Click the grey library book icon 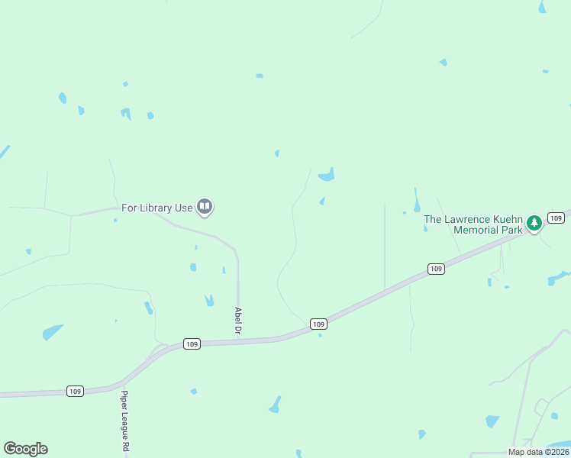tap(205, 207)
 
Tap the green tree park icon tap(534, 223)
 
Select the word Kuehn tap(505, 219)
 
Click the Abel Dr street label tap(238, 321)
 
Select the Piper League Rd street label tap(124, 423)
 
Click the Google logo tap(25, 449)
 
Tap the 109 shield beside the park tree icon tap(556, 218)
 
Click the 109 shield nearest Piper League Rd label tap(74, 391)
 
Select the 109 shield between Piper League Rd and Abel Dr tap(192, 344)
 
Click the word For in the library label tap(130, 208)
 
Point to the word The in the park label tap(433, 219)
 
